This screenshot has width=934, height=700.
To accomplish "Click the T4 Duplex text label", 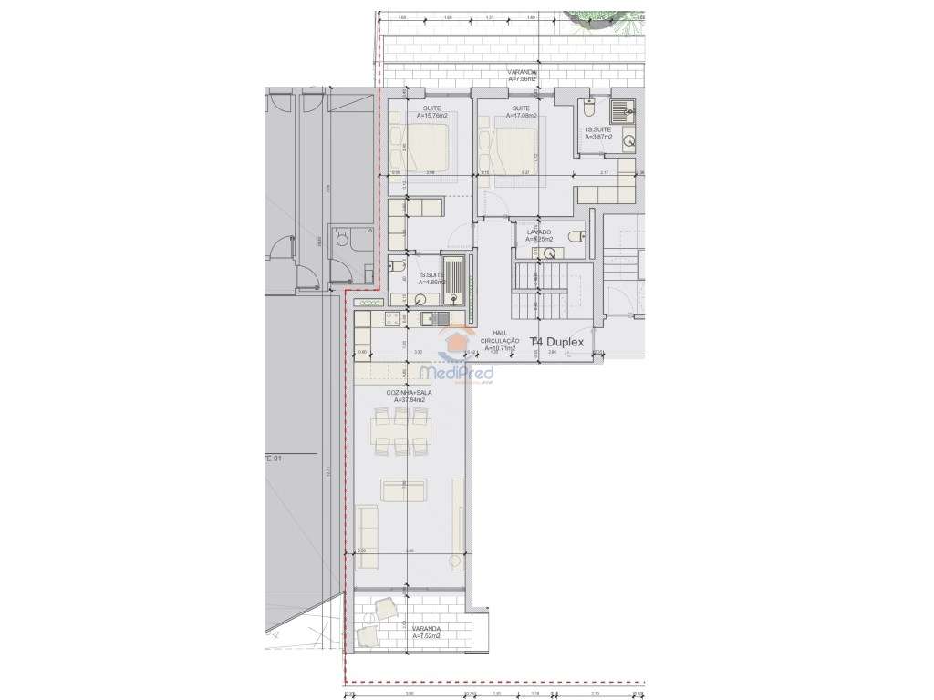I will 562,344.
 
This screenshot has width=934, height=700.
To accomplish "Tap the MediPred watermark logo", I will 455,373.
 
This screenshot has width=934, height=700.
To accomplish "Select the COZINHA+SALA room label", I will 413,396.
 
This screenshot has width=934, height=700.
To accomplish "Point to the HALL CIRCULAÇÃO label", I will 499,340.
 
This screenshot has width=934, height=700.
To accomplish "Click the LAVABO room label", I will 539,235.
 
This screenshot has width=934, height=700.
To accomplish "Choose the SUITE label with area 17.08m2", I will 521,112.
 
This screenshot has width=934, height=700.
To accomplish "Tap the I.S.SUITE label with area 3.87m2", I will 599,134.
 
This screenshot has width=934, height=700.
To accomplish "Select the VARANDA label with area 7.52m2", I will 426,632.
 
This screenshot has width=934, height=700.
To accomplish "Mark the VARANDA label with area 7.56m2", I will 523,76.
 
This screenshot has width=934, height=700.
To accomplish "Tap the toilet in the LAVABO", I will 574,237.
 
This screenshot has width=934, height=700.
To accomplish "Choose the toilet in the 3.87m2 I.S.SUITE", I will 590,109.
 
